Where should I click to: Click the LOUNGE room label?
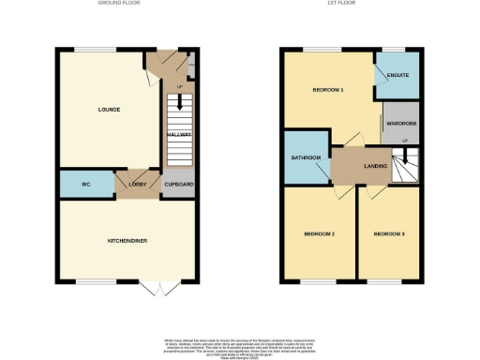[109, 110]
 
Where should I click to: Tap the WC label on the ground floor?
[84, 184]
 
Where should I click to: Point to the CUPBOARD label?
[178, 184]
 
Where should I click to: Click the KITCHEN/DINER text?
[127, 241]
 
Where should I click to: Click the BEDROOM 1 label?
[328, 89]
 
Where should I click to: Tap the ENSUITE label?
[397, 74]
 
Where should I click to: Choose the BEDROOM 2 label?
[320, 232]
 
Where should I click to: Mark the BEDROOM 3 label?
[388, 232]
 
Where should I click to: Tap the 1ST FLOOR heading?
[352, 4]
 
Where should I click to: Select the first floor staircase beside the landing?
[405, 168]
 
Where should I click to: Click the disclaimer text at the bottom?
[240, 346]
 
